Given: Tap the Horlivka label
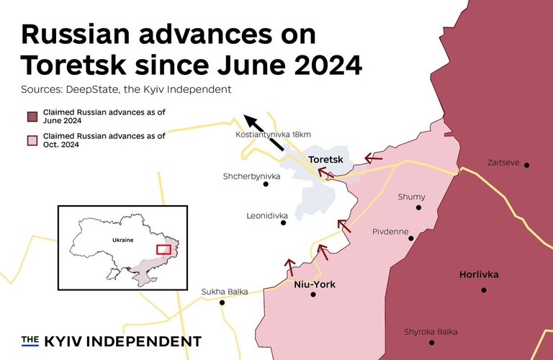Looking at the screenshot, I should click(x=478, y=274).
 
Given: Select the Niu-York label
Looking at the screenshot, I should click(x=315, y=284).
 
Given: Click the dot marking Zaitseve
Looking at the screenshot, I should click(x=526, y=165).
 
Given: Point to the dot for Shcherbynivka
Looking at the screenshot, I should click(x=266, y=184).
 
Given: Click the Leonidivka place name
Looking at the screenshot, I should click(x=267, y=215).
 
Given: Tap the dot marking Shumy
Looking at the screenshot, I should click(x=418, y=207).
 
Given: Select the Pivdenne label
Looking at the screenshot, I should click(x=391, y=232).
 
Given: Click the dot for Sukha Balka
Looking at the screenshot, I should click(x=222, y=302).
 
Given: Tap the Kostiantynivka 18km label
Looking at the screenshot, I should click(x=273, y=134).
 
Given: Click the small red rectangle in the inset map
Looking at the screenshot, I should click(x=164, y=249).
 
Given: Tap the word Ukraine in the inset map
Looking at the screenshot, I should click(x=122, y=240).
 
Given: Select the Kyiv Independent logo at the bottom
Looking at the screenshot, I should click(x=111, y=341).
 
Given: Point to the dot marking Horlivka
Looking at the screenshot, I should click(x=484, y=290).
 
